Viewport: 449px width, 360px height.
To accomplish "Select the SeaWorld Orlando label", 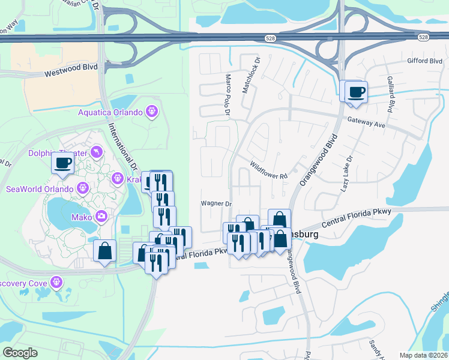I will pyautogui.click(x=40, y=189).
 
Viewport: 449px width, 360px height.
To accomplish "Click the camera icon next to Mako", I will pyautogui.click(x=103, y=217).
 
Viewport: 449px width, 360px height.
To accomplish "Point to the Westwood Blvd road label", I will pyautogui.click(x=71, y=74).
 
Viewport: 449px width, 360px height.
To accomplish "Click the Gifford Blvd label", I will pyautogui.click(x=424, y=61).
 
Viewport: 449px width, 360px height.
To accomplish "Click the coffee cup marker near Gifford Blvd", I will pyautogui.click(x=357, y=92).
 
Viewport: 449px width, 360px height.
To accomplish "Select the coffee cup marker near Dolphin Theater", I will pyautogui.click(x=62, y=163).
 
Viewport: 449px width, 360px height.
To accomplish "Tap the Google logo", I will pyautogui.click(x=20, y=353).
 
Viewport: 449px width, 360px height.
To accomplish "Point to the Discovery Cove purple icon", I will pyautogui.click(x=56, y=281).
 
